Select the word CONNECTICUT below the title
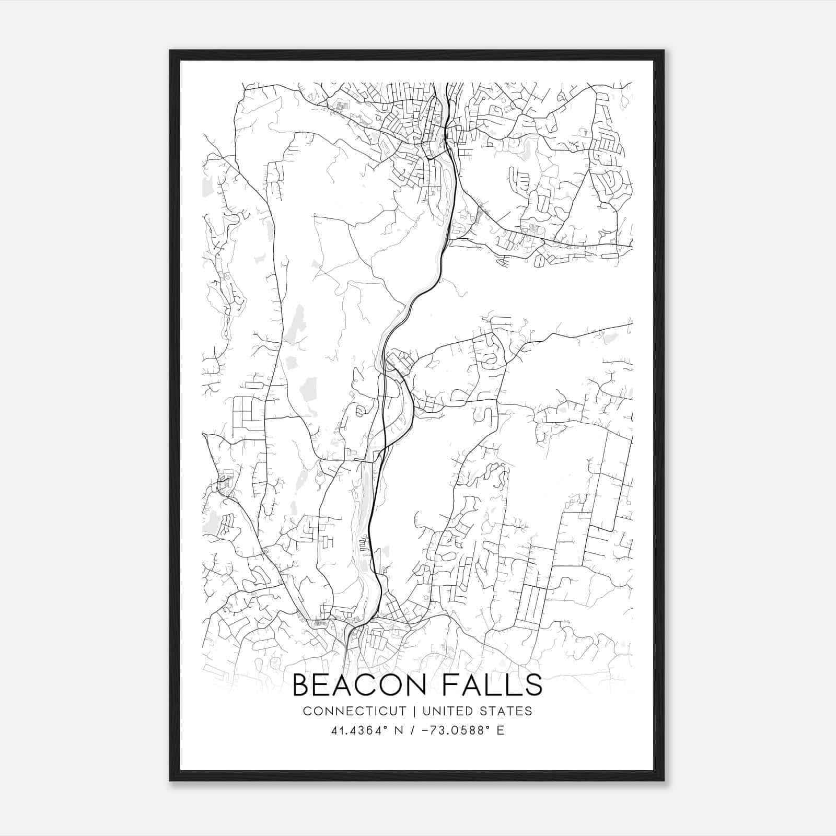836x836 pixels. [354, 711]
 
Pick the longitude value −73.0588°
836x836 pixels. [454, 730]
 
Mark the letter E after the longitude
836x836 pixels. [501, 730]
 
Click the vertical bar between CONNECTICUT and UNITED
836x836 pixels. [414, 711]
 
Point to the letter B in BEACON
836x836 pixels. [300, 685]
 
